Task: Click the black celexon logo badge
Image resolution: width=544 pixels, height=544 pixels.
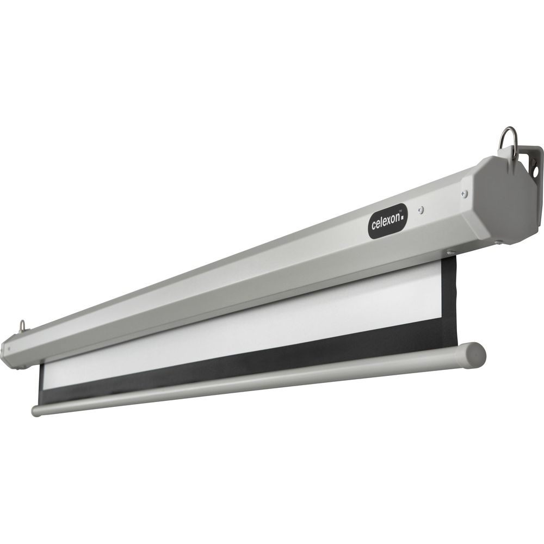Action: (388, 221)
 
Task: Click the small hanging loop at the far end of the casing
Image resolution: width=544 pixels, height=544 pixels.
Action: (22, 325)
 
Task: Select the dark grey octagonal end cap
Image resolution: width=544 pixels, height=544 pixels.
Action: (507, 200)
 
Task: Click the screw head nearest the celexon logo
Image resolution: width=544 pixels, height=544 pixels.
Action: (421, 210)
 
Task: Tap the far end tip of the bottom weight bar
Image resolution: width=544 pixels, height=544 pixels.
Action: (34, 411)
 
